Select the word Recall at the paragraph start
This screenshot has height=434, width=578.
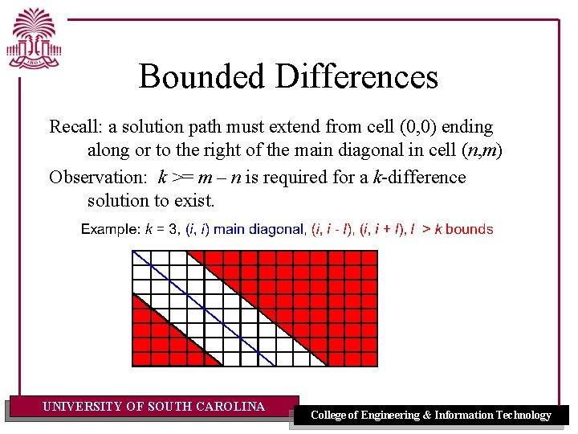(x=73, y=127)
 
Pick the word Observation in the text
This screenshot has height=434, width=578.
(x=100, y=177)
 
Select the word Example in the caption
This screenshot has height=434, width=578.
(x=110, y=230)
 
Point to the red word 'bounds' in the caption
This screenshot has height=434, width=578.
(x=469, y=230)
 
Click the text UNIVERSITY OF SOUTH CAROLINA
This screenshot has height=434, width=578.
(x=153, y=407)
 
